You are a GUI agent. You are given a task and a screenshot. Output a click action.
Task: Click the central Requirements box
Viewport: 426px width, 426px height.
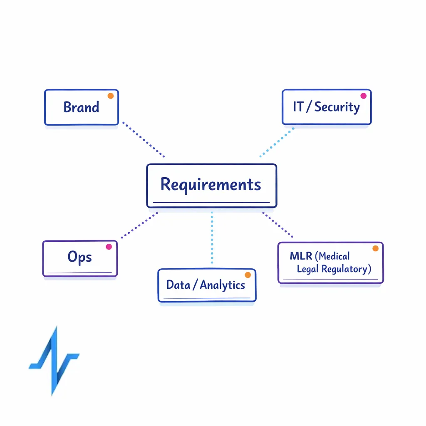pos(211,186)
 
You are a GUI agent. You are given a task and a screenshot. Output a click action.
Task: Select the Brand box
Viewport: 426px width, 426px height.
pos(82,107)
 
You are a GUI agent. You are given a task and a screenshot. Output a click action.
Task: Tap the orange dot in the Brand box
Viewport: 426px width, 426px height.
pos(111,96)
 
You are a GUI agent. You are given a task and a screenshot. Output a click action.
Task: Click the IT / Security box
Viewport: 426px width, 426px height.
pos(326,107)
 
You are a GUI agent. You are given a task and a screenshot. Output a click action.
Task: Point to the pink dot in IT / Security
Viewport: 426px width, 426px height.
pos(363,96)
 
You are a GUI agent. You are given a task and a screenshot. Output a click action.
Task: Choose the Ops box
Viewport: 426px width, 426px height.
pos(80,258)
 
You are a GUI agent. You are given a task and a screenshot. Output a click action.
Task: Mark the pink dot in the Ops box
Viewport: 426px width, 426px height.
pos(109,247)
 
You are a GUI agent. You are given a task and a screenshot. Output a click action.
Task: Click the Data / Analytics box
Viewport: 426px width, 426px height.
pos(207,285)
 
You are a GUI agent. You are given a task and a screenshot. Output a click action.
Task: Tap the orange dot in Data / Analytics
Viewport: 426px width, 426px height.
pos(248,275)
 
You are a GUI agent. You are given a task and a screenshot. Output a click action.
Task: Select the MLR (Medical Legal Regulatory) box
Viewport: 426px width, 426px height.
pos(330,263)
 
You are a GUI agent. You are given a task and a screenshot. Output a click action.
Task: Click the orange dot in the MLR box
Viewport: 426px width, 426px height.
pos(375,248)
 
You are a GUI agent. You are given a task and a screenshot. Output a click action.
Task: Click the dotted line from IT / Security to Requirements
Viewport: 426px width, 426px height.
pos(277,142)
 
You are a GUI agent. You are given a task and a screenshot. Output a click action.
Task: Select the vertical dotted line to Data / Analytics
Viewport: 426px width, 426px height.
pos(212,238)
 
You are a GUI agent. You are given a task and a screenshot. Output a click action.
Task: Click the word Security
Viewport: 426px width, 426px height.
pos(337,107)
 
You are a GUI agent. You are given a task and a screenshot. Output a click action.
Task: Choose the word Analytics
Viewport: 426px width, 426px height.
pos(223,285)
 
